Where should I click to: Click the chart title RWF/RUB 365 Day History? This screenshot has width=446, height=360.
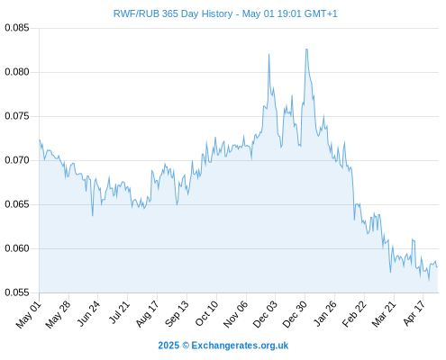click(x=173, y=13)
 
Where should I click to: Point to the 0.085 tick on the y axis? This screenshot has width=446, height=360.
click(x=17, y=28)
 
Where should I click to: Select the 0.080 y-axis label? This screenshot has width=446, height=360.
click(x=17, y=72)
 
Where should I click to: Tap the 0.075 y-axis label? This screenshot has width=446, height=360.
click(x=17, y=116)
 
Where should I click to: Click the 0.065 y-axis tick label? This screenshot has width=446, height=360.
click(x=17, y=204)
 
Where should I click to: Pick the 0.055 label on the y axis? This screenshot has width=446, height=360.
click(x=17, y=292)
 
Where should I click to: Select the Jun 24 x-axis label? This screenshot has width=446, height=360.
click(x=88, y=313)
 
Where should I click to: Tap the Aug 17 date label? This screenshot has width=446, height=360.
click(x=147, y=313)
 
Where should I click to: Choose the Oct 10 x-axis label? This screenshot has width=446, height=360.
click(x=206, y=313)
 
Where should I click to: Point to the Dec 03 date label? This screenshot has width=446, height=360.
click(x=265, y=314)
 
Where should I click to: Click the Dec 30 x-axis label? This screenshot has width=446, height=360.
click(x=295, y=314)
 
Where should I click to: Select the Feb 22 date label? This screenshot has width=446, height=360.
click(x=354, y=314)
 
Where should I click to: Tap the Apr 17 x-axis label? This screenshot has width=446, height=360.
click(x=414, y=313)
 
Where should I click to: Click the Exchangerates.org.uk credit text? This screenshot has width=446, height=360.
click(x=240, y=346)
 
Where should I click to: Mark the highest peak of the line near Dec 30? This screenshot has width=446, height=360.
click(x=306, y=49)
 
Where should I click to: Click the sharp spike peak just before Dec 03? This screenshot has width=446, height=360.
click(x=269, y=54)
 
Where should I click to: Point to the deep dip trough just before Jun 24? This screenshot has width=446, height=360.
click(x=93, y=215)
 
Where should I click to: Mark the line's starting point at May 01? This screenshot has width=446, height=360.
click(x=40, y=139)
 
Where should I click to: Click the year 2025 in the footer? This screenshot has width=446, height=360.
click(x=168, y=346)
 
